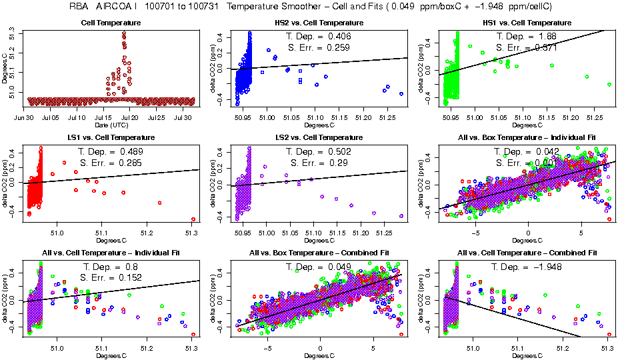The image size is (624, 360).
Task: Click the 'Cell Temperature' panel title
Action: point(107,23)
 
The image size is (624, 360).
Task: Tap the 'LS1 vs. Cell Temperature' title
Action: point(107,138)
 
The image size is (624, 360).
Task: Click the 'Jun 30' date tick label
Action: point(24,117)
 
